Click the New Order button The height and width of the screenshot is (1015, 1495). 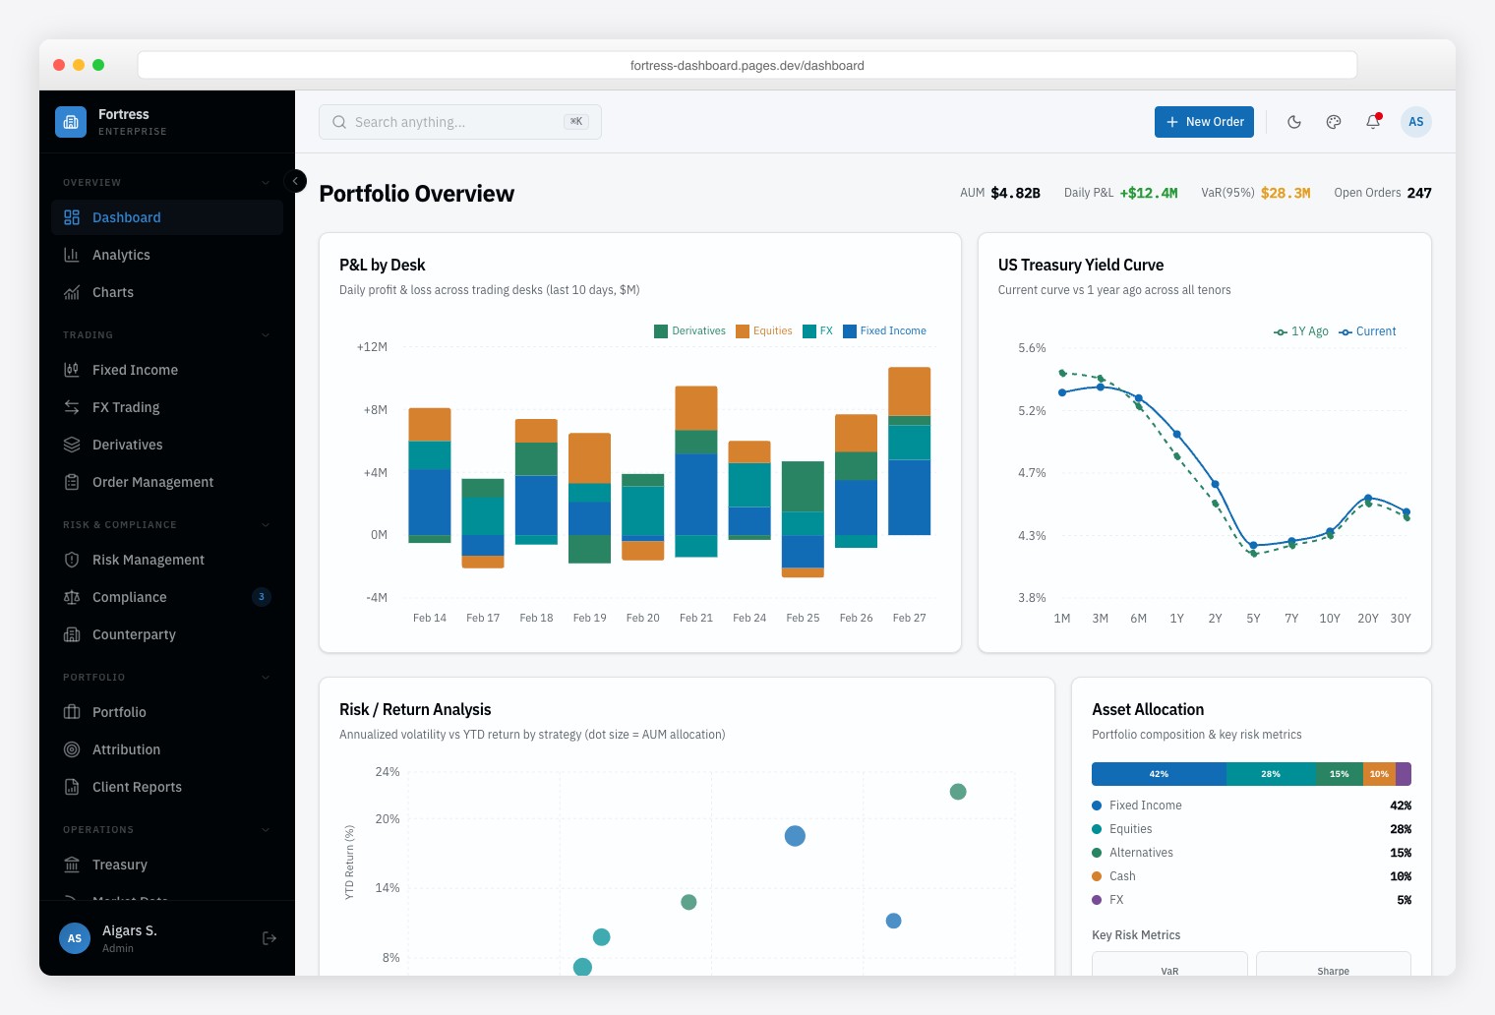1204,122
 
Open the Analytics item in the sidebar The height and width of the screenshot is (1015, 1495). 121,255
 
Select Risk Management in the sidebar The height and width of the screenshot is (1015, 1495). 148,560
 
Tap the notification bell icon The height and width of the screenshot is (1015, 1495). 1372,122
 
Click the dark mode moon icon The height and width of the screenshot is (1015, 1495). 1294,122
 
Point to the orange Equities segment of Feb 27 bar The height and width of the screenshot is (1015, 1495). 909,390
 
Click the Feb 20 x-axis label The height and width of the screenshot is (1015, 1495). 642,618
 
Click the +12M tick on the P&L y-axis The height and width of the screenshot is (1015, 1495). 372,347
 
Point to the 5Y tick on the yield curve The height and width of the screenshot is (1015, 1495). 1253,619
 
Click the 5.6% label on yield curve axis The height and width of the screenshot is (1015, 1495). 1032,348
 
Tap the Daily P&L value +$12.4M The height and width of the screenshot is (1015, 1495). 1148,193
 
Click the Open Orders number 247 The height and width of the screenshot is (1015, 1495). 1418,193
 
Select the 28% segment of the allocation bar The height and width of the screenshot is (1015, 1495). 1271,774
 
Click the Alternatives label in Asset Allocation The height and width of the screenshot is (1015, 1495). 1141,853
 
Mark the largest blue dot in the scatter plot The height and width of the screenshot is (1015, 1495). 795,836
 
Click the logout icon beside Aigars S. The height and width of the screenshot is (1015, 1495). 269,938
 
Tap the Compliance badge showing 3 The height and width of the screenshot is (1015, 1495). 262,597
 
